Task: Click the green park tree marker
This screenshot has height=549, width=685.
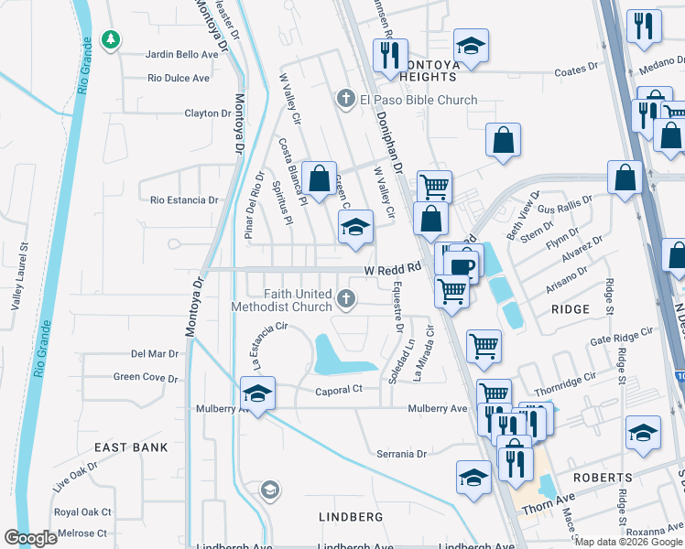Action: coord(110,39)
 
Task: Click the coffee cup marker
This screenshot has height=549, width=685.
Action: coord(464,266)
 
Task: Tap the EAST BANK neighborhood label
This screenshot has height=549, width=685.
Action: coord(132,447)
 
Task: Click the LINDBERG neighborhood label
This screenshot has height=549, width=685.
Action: coord(350,517)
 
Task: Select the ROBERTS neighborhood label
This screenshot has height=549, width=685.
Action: coord(604,478)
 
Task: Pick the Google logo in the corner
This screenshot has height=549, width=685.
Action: coord(32,538)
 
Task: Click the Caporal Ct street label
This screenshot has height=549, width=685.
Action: coord(340,389)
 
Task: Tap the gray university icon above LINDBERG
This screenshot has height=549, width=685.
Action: coord(269,491)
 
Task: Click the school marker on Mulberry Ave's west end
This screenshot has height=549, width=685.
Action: coord(258,394)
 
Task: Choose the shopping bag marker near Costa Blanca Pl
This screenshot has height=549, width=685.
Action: coord(320,178)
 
